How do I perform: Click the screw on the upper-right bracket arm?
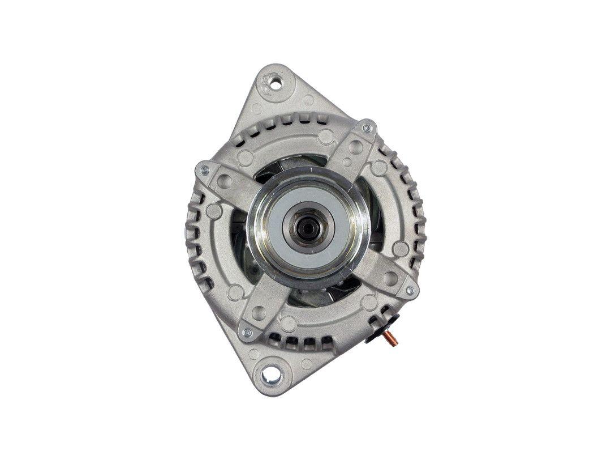pos(367,128)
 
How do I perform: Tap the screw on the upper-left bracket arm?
pos(204,168)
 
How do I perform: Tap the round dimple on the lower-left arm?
pos(259,312)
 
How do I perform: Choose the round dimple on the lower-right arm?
pos(390,278)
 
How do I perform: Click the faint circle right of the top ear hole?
pos(309,100)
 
